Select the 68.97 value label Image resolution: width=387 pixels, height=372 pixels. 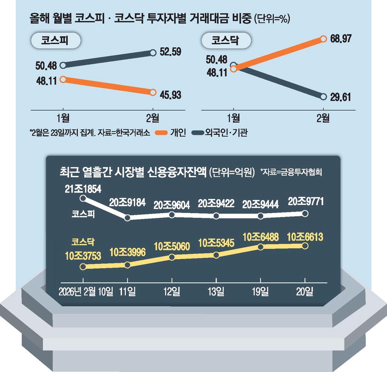(341, 39)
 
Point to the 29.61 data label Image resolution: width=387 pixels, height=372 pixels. (341, 97)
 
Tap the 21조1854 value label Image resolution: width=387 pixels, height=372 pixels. (83, 189)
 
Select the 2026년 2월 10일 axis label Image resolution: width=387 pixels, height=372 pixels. (86, 291)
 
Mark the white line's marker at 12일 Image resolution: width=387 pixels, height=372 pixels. (172, 214)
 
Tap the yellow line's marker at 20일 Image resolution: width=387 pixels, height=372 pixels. (305, 246)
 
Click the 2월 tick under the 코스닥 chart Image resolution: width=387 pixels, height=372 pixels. (323, 118)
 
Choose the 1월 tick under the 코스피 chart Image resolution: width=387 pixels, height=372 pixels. (62, 118)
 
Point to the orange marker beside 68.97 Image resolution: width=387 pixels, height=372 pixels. (323, 39)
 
